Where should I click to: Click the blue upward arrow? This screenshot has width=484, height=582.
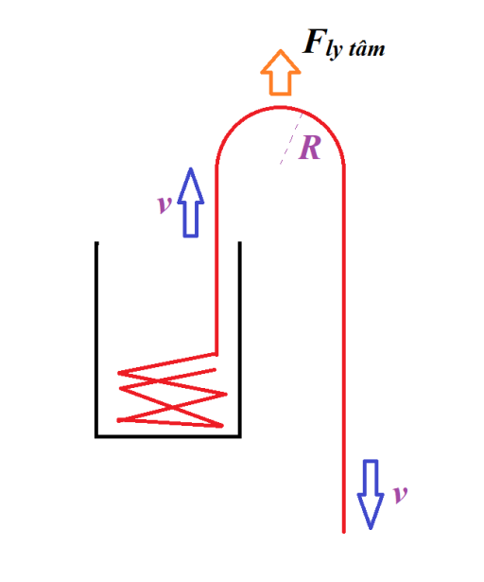(191, 203)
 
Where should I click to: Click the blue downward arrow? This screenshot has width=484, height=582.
(371, 492)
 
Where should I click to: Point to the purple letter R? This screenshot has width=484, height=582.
(309, 149)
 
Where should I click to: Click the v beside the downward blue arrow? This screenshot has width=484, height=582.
(400, 493)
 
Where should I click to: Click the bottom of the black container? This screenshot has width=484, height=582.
(168, 436)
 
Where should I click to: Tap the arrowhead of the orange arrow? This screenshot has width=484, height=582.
(279, 61)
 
